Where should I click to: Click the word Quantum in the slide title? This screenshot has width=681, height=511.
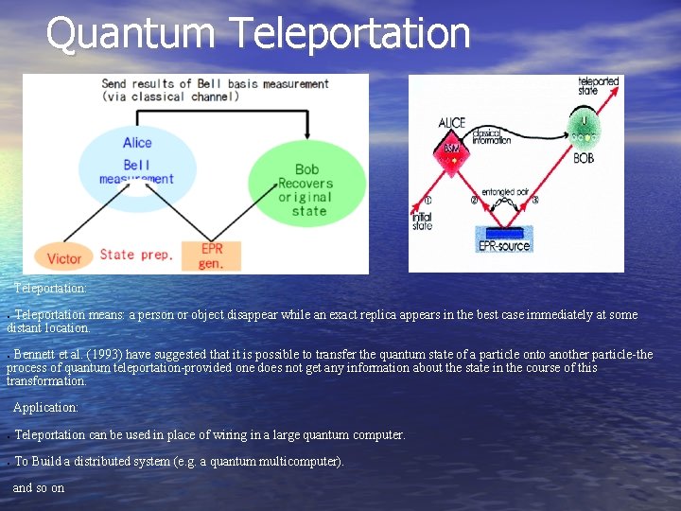(x=131, y=34)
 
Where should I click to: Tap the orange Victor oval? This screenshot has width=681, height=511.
(x=64, y=258)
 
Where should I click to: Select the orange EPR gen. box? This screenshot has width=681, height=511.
(x=211, y=256)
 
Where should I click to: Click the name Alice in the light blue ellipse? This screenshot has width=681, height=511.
(x=137, y=143)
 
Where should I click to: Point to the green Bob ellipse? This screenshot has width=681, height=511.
(x=306, y=184)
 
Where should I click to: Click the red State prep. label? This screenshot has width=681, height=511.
(x=136, y=255)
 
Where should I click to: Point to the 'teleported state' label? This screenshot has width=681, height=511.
(x=598, y=87)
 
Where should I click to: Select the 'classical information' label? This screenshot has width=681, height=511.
(x=492, y=138)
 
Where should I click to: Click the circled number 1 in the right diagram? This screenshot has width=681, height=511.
(x=427, y=200)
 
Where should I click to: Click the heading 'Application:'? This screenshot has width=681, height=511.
(x=45, y=407)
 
